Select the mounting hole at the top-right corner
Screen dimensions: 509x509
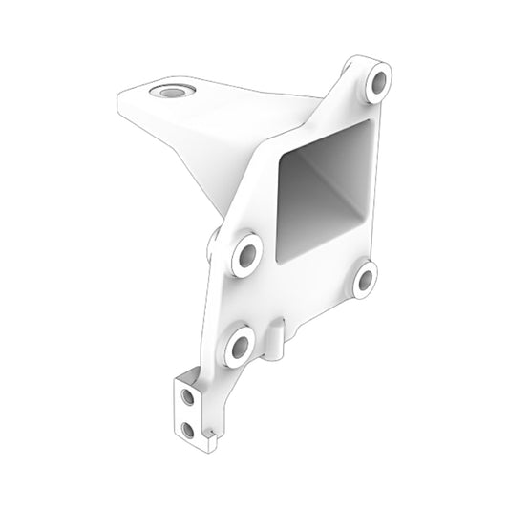(378, 83)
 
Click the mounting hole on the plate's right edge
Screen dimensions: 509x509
(367, 278)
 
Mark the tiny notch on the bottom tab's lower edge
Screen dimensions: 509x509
(204, 435)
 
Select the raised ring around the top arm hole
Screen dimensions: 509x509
(173, 85)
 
